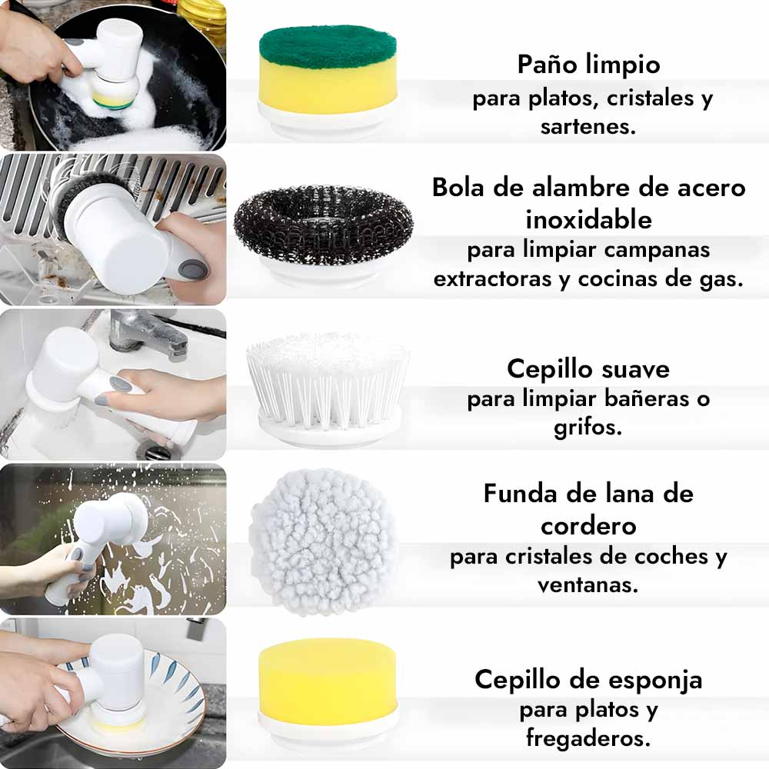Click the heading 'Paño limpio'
tap(588, 65)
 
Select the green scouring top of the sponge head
tap(328, 48)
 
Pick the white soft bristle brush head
tap(327, 388)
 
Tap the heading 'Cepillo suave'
tap(588, 369)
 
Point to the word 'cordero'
tap(588, 527)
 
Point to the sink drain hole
tap(158, 450)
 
